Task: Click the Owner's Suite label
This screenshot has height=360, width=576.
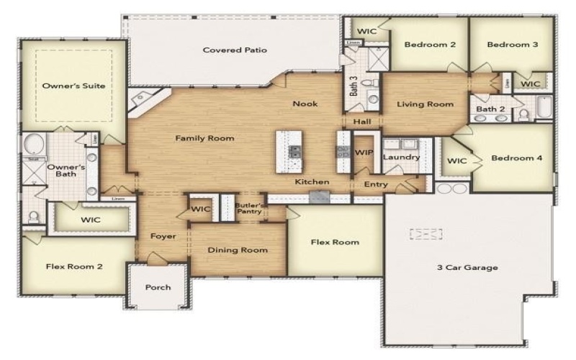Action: click(73, 86)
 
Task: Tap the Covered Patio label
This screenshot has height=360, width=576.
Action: click(235, 50)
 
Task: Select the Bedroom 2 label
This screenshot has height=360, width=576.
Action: click(430, 45)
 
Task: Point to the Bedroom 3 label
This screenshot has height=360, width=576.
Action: click(512, 45)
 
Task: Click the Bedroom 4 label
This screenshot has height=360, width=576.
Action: click(516, 158)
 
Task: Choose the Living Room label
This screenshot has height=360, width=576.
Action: click(426, 104)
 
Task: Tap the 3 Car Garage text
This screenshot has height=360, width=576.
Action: click(467, 268)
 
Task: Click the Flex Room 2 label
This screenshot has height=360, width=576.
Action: click(74, 266)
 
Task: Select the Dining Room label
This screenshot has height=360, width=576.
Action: click(238, 251)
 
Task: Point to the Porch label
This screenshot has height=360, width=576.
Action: click(158, 287)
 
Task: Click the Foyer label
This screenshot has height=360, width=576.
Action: click(163, 236)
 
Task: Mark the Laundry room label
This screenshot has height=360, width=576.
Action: click(396, 157)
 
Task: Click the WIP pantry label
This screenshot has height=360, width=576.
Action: click(364, 153)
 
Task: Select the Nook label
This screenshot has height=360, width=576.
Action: click(305, 104)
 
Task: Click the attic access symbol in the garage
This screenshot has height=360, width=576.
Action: click(426, 234)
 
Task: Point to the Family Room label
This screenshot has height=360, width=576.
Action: click(205, 138)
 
